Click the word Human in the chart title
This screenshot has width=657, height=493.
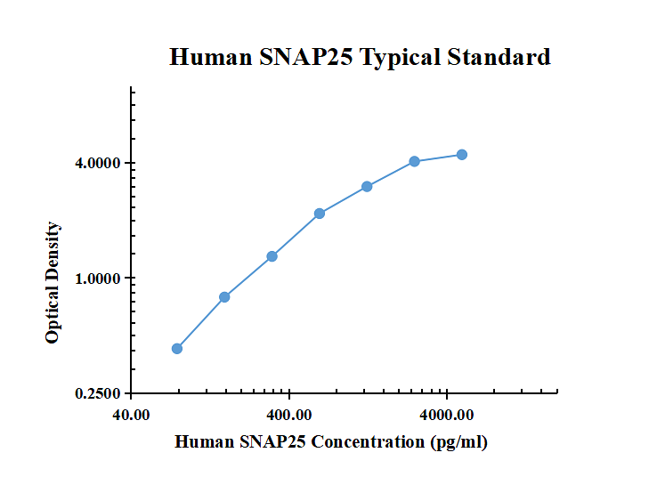(211, 58)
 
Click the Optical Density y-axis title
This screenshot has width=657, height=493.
(53, 283)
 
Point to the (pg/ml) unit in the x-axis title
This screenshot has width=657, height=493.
(458, 442)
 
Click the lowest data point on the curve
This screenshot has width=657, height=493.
(177, 349)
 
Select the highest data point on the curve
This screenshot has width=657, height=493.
(462, 155)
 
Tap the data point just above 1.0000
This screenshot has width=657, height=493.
(272, 256)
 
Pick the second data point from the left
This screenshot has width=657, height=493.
(224, 297)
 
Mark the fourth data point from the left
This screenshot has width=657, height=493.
(320, 214)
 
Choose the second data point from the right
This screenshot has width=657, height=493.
(415, 161)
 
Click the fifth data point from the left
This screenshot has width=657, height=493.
(367, 187)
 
